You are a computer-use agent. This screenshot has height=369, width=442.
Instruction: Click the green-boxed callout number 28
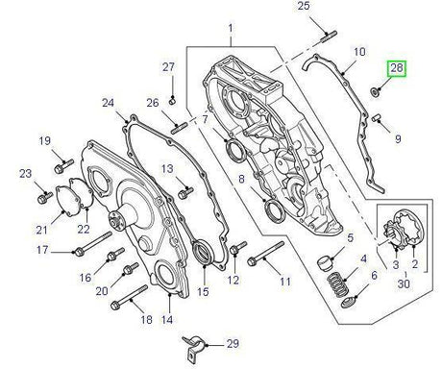397,69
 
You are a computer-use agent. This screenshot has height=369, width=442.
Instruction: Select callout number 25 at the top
304,8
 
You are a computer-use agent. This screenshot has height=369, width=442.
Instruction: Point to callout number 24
108,103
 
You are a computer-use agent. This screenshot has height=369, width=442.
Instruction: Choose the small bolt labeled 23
44,198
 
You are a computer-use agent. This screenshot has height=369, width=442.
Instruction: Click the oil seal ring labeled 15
203,256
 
